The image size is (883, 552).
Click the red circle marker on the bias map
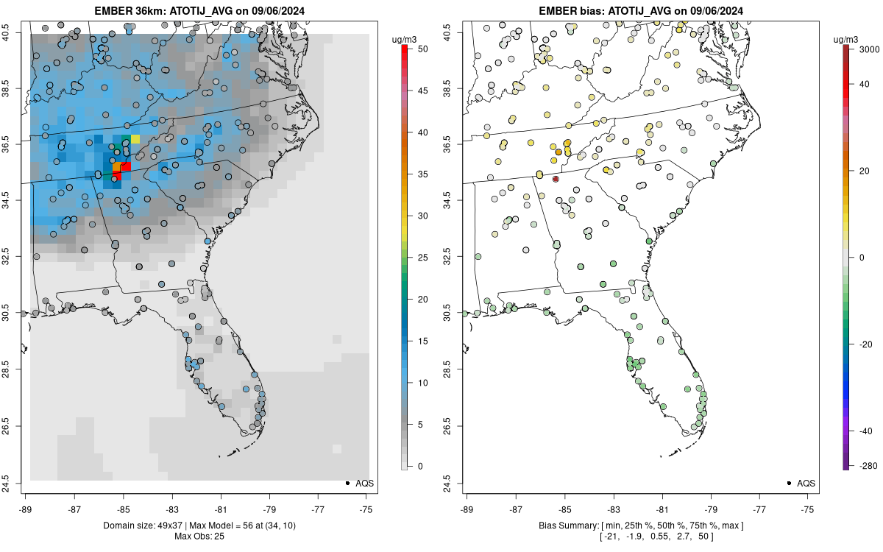[556, 179]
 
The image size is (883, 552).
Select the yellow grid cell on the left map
[135, 138]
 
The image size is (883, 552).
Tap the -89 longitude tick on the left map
[26, 509]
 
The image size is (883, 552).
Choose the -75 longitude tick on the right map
[808, 509]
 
